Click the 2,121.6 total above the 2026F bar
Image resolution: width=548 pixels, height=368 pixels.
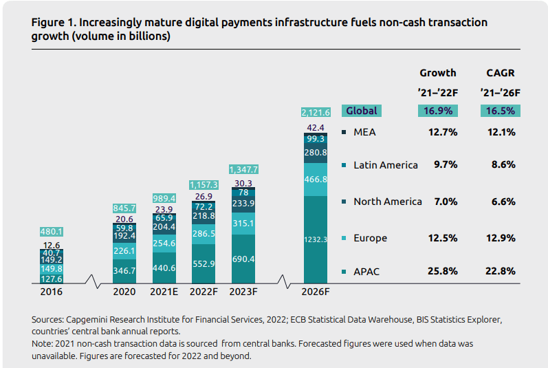(316, 112)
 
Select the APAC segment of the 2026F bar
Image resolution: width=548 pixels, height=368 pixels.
(316, 239)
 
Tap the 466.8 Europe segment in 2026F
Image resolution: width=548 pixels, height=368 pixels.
(316, 179)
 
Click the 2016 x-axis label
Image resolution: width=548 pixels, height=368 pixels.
(51, 291)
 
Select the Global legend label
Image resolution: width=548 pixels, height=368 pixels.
(362, 111)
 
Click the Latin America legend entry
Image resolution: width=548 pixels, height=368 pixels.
(385, 165)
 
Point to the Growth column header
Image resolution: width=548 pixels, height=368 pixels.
(437, 73)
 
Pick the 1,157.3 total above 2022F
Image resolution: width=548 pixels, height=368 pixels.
(204, 185)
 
